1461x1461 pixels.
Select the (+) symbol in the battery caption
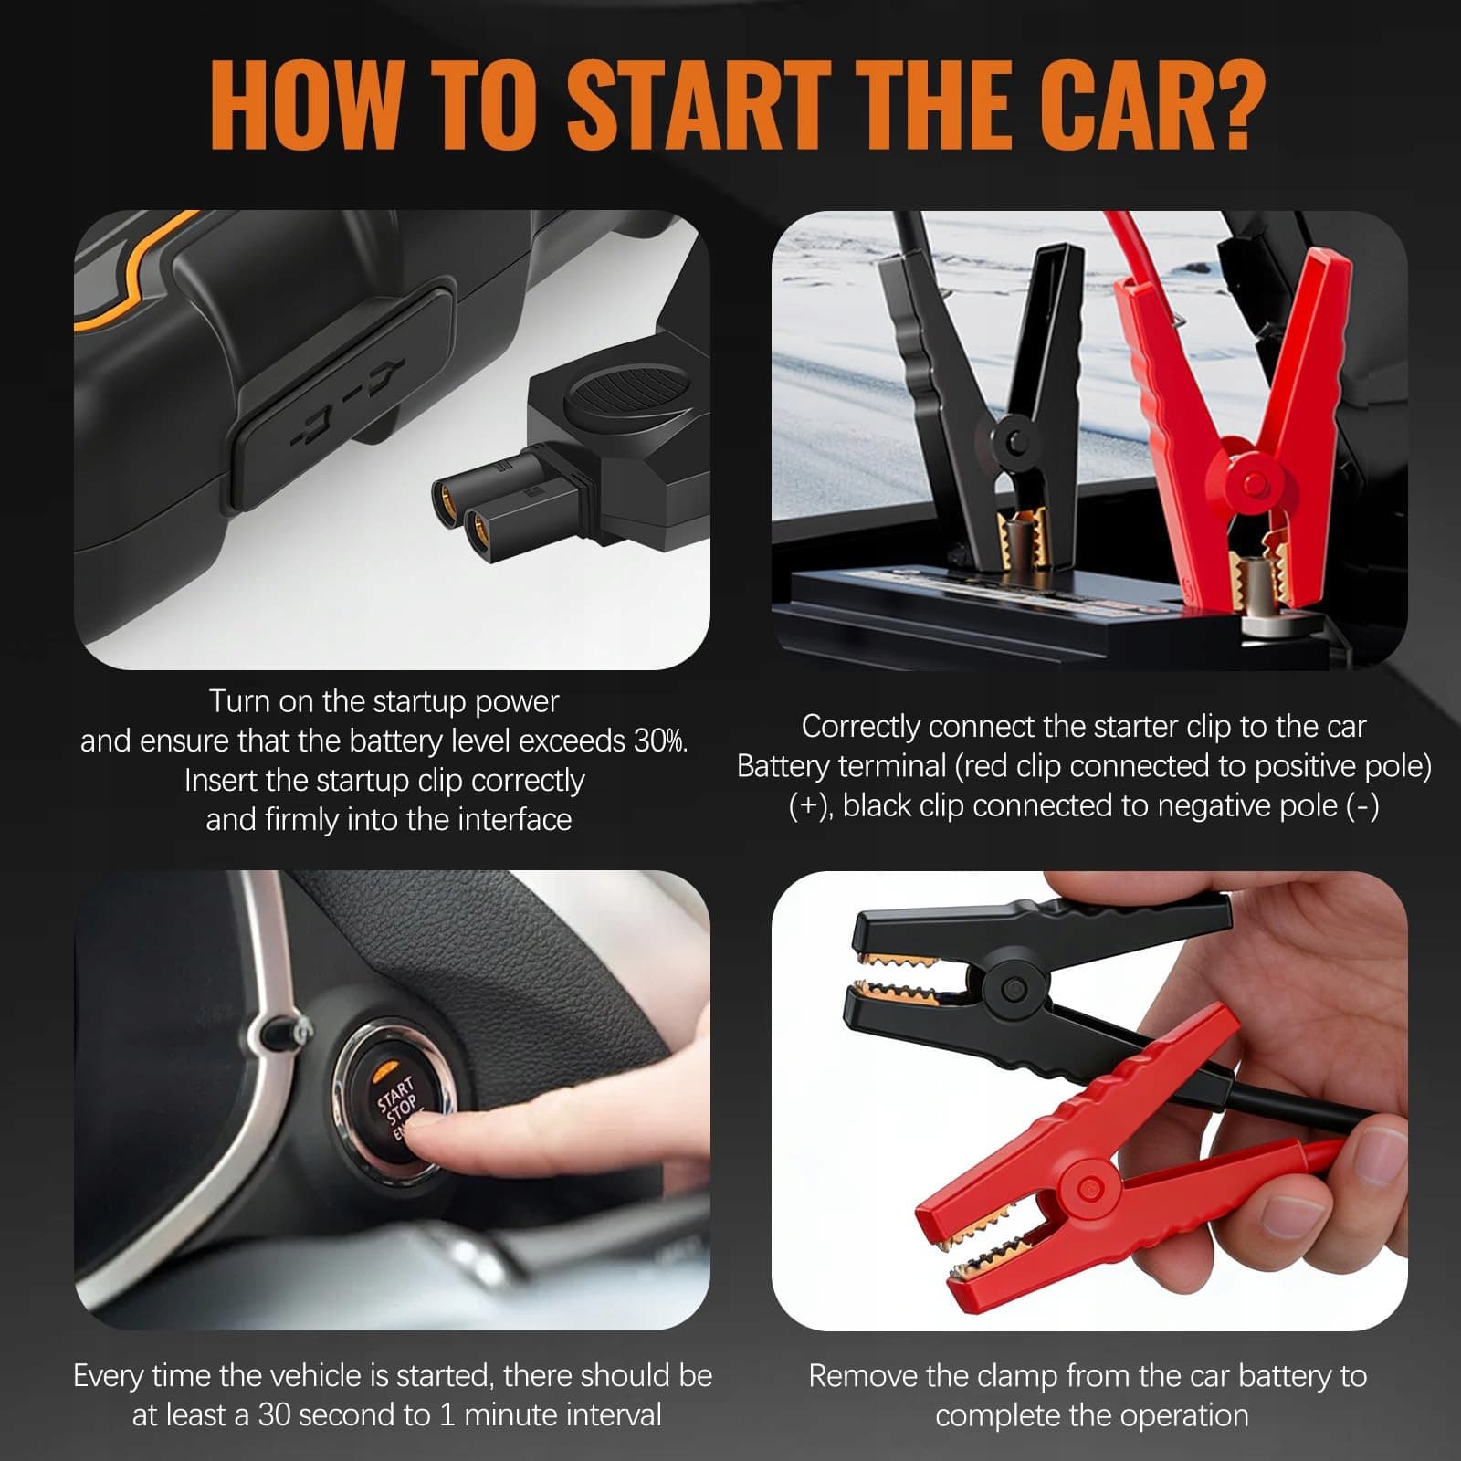coord(810,805)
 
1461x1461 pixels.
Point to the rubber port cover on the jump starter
coord(344,398)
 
